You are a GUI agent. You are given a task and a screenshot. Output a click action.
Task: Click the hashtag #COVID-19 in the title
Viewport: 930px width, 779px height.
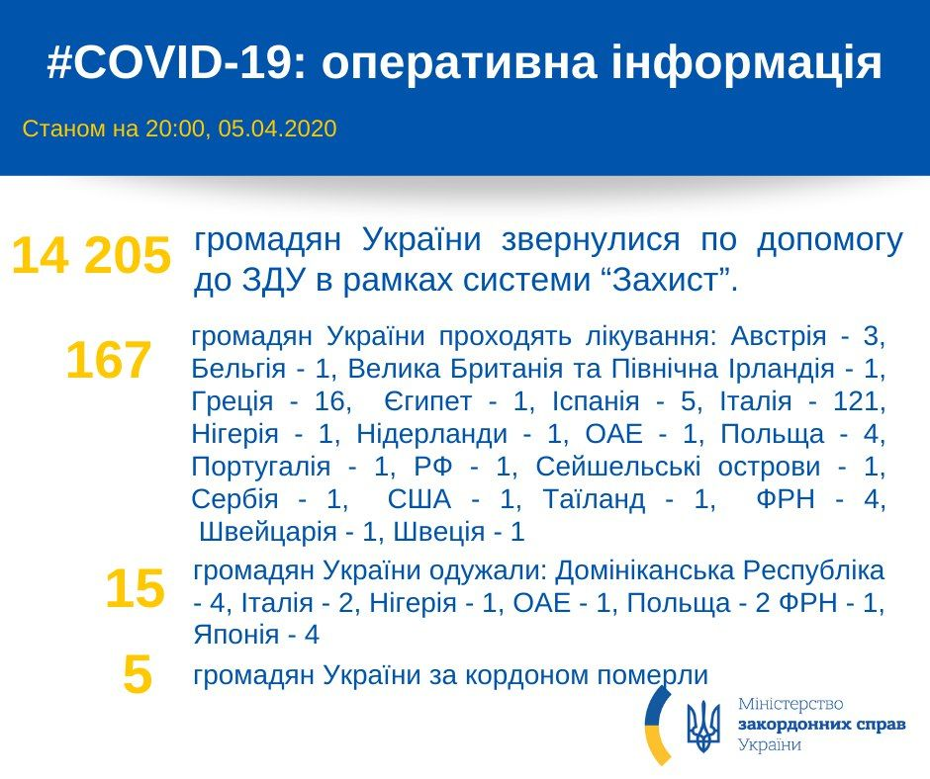[169, 63]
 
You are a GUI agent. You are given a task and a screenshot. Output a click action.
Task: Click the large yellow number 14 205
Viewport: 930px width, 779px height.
[91, 257]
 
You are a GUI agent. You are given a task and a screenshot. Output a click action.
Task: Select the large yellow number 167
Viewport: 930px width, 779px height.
[109, 361]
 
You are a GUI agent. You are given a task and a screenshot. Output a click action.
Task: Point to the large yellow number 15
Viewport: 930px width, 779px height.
[135, 589]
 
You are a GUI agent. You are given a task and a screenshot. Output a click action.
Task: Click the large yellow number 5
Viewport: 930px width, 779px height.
[138, 677]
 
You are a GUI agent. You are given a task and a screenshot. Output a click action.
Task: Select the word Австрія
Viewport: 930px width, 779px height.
[778, 336]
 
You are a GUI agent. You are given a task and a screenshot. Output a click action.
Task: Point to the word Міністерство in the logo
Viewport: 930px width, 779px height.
[790, 704]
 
